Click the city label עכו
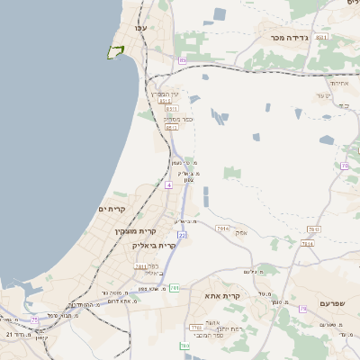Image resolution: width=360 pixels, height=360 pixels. click(x=140, y=29)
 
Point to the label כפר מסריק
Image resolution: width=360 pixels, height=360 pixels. click(x=176, y=118)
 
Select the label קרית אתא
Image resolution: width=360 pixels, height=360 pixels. click(x=221, y=295)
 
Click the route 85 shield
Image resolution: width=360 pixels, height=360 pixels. click(x=183, y=60)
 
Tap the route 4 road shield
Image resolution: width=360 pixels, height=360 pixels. click(x=168, y=184)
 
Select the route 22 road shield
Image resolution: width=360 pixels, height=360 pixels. click(x=182, y=235)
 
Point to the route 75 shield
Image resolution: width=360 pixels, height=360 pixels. click(x=35, y=319)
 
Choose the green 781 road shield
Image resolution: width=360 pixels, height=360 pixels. click(x=175, y=288)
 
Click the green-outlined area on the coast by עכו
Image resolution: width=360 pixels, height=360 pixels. click(x=115, y=51)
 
